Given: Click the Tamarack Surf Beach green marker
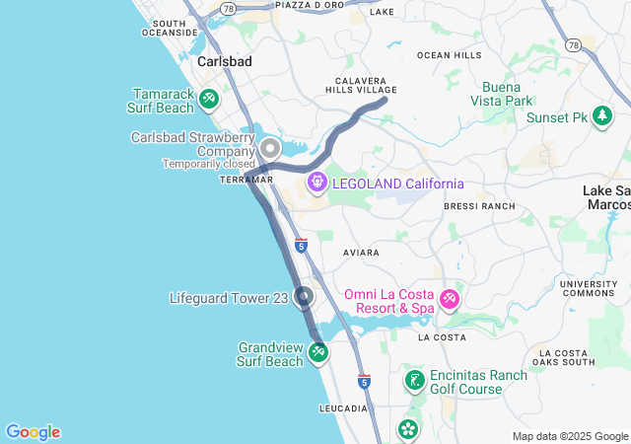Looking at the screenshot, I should pyautogui.click(x=208, y=99).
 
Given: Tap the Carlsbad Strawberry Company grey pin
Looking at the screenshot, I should pyautogui.click(x=270, y=150).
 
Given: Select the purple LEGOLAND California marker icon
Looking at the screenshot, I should pyautogui.click(x=316, y=182).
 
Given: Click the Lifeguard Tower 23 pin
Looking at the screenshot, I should pyautogui.click(x=304, y=296).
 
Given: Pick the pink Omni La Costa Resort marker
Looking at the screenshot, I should pyautogui.click(x=449, y=299).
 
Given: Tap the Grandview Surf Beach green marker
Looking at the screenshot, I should pyautogui.click(x=317, y=352).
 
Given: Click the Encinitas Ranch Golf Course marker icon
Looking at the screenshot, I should pyautogui.click(x=415, y=380).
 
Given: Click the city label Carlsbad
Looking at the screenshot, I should pyautogui.click(x=225, y=61).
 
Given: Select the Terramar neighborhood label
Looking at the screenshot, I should pyautogui.click(x=246, y=180).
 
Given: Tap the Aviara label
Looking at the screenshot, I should pyautogui.click(x=361, y=253).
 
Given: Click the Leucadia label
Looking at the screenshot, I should pyautogui.click(x=343, y=407).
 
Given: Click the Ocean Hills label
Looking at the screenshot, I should pyautogui.click(x=450, y=54).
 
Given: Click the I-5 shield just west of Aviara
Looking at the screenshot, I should pyautogui.click(x=301, y=244).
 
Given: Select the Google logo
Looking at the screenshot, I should pyautogui.click(x=33, y=432).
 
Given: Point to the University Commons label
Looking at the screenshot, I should pyautogui.click(x=589, y=289).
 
